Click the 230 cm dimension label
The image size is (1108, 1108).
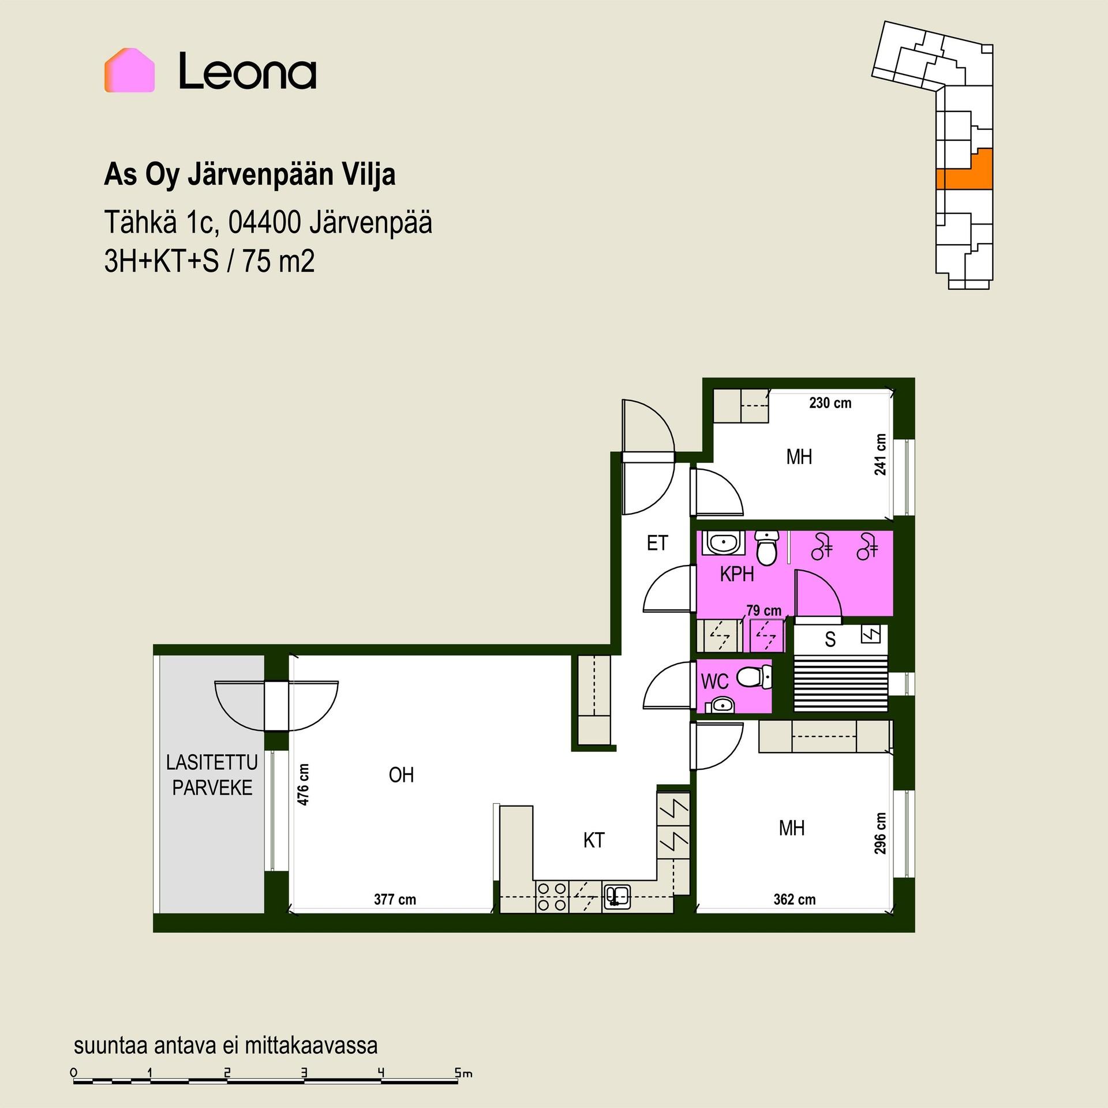pos(830,403)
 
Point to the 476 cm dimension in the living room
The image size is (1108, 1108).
pos(303,784)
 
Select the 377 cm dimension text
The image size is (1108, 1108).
pos(395,899)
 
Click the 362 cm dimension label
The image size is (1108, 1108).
pos(795,899)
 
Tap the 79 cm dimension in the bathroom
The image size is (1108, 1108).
pos(763,611)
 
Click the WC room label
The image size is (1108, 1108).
pos(714,682)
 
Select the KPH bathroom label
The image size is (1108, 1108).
pos(737,574)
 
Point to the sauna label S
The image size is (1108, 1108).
pos(830,639)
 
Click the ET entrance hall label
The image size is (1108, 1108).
pos(657,543)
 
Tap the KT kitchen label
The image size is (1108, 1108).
pos(594,840)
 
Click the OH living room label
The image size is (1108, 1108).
pos(401,775)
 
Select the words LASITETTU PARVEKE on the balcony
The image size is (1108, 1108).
pos(212,775)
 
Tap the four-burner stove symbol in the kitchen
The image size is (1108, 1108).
pos(552,897)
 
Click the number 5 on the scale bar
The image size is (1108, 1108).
pos(457,1073)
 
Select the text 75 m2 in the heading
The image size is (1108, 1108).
pos(278,261)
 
